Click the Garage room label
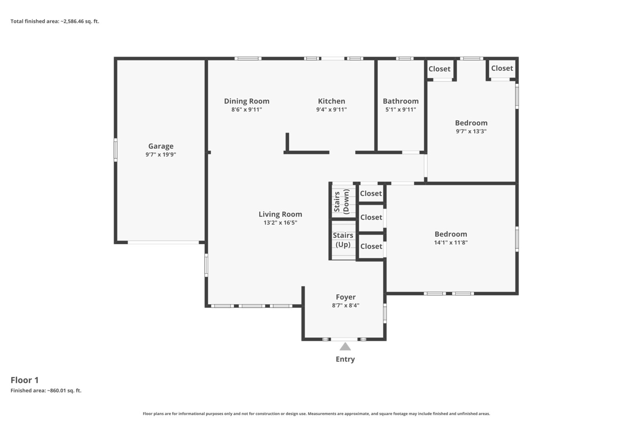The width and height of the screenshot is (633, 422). point(161,146)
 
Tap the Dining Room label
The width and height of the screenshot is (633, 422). point(247,101)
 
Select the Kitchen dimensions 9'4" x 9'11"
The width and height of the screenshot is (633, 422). point(332,110)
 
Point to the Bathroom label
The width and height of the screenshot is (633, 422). point(401,101)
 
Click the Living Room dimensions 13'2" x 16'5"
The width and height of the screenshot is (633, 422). point(280,223)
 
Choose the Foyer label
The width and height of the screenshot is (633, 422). point(346,297)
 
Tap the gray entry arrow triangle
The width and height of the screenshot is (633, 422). point(345,346)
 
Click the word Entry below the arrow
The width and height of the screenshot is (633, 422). point(345,359)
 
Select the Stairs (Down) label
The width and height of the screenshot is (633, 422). point(342,201)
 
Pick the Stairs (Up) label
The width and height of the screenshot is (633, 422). point(343,240)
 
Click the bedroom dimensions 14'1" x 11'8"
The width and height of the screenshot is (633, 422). point(451,242)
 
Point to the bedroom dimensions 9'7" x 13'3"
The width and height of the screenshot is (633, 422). point(471,131)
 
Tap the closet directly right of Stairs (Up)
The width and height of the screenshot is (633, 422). point(371,246)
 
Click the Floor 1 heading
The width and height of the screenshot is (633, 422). point(25,380)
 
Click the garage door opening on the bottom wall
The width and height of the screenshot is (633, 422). point(163,242)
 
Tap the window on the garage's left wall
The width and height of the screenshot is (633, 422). point(116,150)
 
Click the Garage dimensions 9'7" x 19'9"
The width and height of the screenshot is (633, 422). point(161,155)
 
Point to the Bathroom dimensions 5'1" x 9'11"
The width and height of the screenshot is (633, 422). point(401,110)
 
